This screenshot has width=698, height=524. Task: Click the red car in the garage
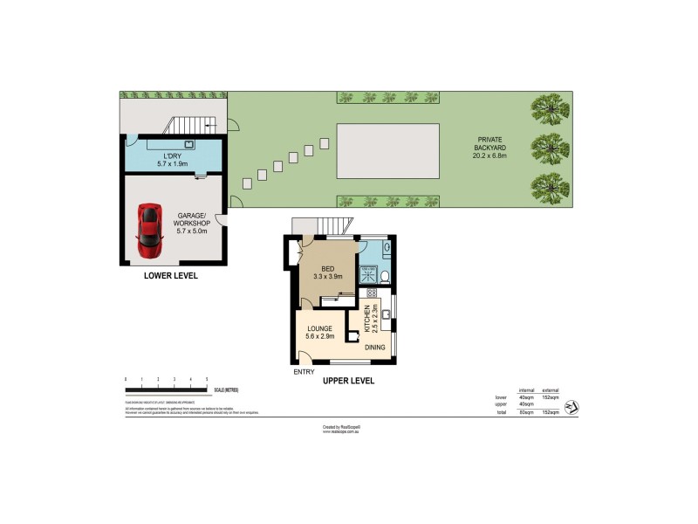[150, 224]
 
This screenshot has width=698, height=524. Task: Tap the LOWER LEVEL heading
[171, 276]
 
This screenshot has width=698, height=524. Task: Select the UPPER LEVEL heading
[348, 381]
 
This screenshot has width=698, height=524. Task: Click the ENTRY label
[304, 373]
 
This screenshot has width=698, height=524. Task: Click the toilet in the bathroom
[384, 278]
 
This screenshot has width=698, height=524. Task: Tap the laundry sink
[188, 145]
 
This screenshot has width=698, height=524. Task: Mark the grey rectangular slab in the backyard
[387, 150]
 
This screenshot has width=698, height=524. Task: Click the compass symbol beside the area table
[571, 407]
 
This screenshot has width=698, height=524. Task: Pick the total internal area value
[526, 412]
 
